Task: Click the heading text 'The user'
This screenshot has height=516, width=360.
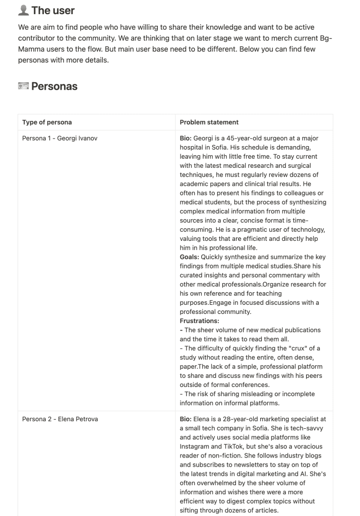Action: point(53,10)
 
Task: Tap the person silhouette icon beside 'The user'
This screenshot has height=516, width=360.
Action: point(23,10)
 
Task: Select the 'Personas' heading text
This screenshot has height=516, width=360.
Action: point(54,86)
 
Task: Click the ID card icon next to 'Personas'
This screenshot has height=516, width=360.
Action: point(23,86)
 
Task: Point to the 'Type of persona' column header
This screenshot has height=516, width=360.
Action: point(47,122)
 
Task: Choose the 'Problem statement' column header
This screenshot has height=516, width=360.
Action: point(209,122)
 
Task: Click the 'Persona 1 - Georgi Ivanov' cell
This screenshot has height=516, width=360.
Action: point(59,138)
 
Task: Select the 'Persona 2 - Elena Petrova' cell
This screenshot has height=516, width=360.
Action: point(59,419)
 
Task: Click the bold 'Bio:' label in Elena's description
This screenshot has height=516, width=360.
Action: point(186,419)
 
